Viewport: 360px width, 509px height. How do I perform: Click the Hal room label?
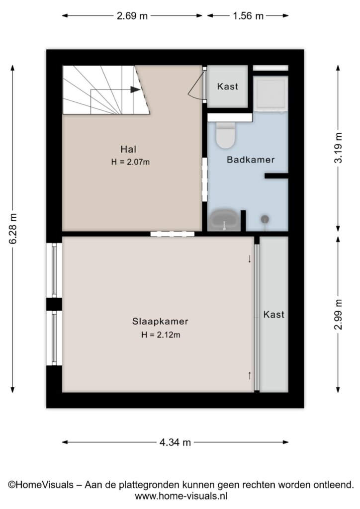coord(128,149)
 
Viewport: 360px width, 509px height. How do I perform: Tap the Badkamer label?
coord(251,160)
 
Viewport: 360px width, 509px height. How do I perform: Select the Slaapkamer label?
coord(160,322)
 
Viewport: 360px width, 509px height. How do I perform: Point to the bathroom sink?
coord(224,220)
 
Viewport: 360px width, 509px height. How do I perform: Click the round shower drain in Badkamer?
coord(265,219)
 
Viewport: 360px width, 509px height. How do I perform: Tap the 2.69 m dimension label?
coord(132,16)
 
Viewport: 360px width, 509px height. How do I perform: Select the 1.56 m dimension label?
coord(248,16)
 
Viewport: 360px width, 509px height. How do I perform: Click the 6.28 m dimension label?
coord(13,229)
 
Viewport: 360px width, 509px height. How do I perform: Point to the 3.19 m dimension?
coord(338,148)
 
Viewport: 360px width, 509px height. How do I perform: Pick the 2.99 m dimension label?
coord(338,315)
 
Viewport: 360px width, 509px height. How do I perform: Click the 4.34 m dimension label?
coord(176,442)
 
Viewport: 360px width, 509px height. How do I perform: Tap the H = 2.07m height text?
coord(130,162)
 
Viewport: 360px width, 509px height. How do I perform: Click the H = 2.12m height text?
coord(161,335)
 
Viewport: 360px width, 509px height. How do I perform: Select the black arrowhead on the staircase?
coord(135,89)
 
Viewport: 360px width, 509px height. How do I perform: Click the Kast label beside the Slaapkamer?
coord(273,314)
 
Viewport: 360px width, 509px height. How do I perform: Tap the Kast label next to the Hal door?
coord(228,86)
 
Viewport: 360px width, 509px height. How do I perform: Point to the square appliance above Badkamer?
coord(270,94)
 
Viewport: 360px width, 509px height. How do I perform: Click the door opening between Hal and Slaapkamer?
coord(173,234)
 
